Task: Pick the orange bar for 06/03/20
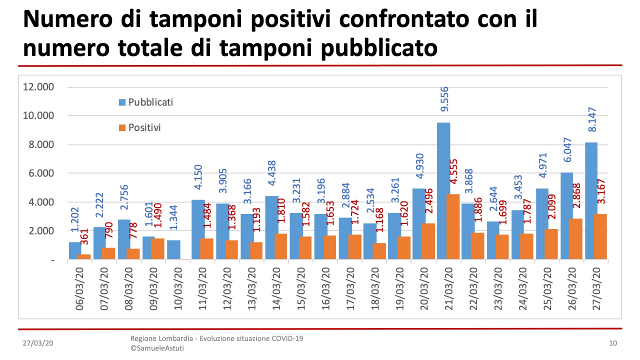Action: [x=84, y=256]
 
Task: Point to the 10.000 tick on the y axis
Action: [x=38, y=116]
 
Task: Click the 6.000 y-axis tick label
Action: [x=40, y=173]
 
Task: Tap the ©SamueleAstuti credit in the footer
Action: [x=157, y=348]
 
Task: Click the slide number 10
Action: [x=613, y=343]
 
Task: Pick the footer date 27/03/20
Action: [x=38, y=343]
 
